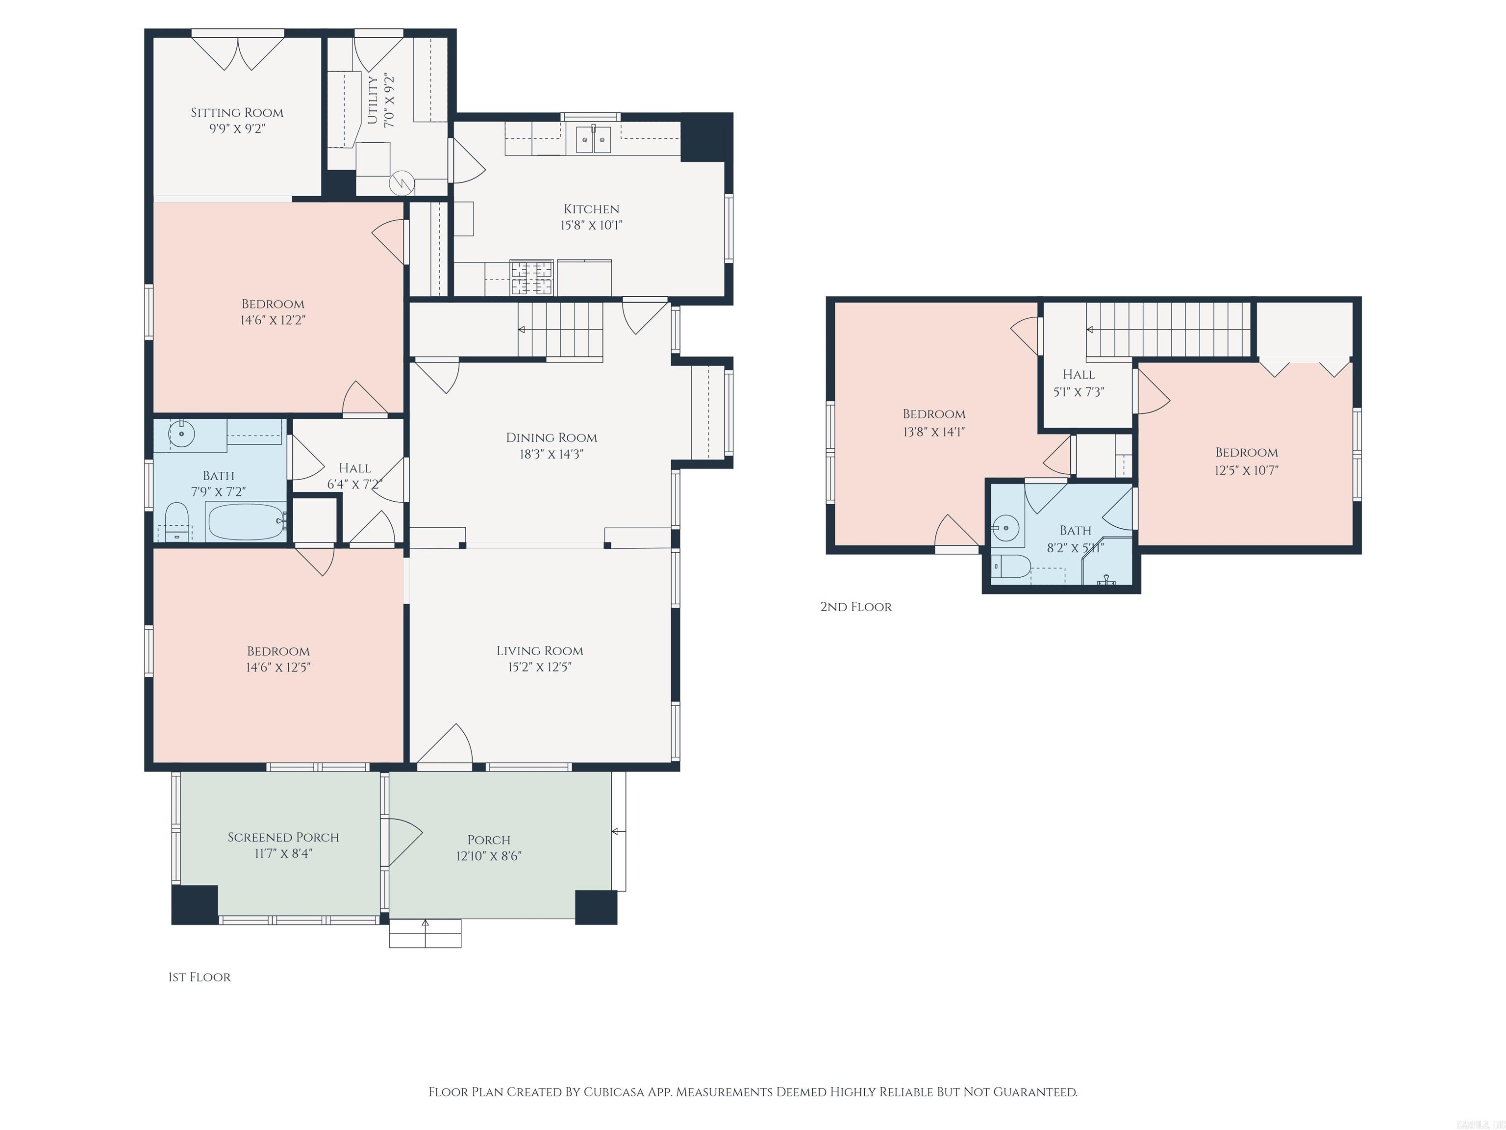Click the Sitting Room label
236,112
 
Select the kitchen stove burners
532,277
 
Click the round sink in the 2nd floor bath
1005,527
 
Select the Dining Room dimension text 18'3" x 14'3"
551,454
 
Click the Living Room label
539,650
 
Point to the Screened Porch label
283,837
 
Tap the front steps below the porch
425,934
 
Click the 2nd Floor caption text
856,607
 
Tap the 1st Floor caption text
200,977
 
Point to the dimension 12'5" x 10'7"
1247,470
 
